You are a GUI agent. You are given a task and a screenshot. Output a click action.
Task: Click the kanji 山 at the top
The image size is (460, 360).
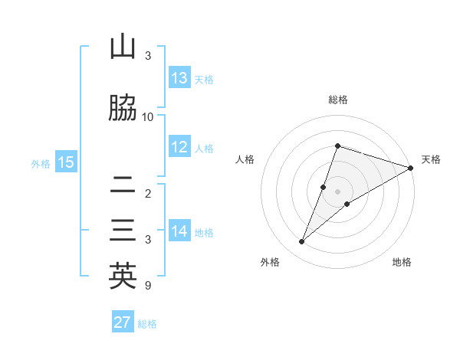(x=123, y=47)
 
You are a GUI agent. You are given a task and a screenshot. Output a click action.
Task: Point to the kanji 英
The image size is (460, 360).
(x=123, y=277)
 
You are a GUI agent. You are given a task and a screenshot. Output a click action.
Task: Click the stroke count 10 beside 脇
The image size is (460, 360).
(x=148, y=116)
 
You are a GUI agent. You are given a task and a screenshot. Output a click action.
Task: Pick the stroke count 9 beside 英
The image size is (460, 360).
(x=147, y=286)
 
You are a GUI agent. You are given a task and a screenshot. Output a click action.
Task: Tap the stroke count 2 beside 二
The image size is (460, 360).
(x=148, y=193)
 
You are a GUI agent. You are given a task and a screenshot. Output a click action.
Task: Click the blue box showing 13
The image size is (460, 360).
(x=179, y=78)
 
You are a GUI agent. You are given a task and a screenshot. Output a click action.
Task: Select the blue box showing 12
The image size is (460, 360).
(x=179, y=148)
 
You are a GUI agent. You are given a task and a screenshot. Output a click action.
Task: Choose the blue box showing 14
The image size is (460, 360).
(x=179, y=231)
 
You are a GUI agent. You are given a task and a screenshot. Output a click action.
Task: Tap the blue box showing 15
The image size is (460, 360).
(x=65, y=162)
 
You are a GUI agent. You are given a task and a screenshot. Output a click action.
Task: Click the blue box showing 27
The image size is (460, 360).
(x=123, y=322)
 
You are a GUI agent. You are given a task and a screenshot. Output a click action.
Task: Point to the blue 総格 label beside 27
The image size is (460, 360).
(x=147, y=324)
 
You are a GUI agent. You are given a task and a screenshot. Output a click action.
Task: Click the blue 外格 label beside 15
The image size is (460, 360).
(x=41, y=163)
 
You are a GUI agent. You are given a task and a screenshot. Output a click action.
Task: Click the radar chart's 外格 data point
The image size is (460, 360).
(x=302, y=242)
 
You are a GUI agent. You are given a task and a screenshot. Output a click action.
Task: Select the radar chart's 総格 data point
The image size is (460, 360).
(x=337, y=146)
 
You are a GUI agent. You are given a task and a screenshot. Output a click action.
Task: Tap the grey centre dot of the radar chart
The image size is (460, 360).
(x=337, y=191)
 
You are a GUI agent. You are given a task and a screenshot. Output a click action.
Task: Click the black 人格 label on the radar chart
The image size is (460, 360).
(x=245, y=159)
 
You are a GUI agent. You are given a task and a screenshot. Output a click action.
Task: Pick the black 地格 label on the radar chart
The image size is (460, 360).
(x=402, y=262)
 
